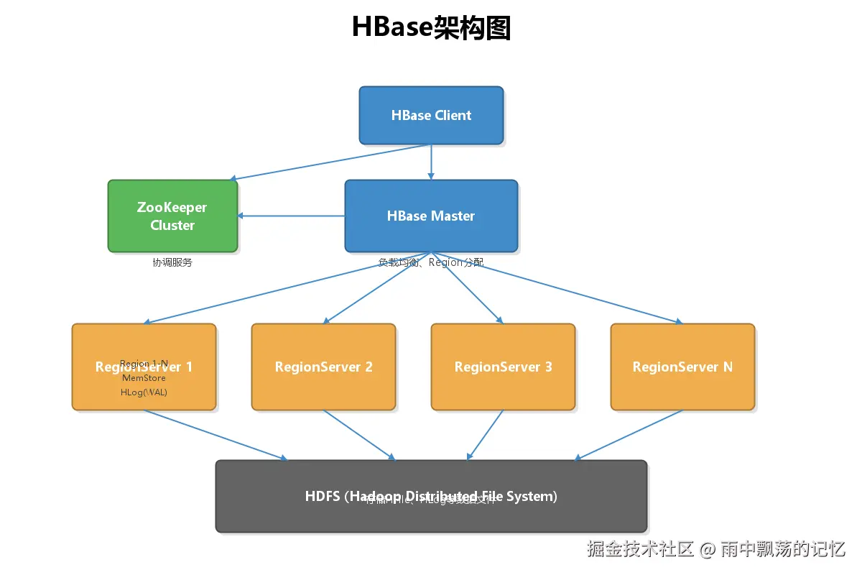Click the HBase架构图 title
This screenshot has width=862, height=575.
[x=431, y=27]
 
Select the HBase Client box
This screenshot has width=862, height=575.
[x=431, y=115]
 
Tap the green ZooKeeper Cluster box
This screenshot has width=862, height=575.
[x=172, y=216]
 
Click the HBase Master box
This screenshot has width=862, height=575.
[x=431, y=216]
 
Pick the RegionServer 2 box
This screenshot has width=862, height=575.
[x=323, y=367]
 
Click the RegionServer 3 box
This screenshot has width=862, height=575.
[x=503, y=367]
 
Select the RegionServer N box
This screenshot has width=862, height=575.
[x=682, y=367]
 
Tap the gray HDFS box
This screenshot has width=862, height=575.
[x=431, y=514]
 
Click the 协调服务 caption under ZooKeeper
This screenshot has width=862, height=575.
[x=172, y=262]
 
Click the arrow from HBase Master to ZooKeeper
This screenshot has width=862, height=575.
[x=291, y=216]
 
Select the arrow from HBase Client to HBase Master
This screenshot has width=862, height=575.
[x=431, y=162]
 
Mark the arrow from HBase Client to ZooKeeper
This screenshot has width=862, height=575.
[x=330, y=162]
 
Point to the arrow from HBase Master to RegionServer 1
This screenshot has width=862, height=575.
[x=287, y=287]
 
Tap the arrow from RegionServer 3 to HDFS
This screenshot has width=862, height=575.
[x=486, y=434]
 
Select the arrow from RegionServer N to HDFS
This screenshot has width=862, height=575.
[x=629, y=435]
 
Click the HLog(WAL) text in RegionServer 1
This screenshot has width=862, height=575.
[x=144, y=392]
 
